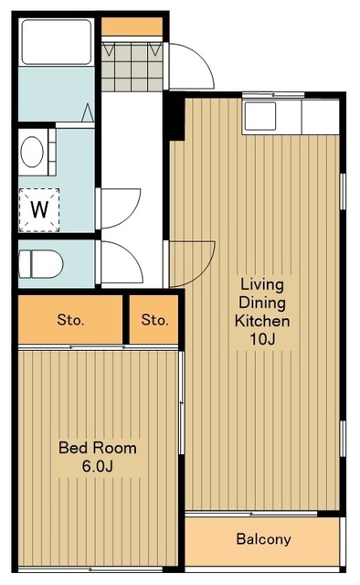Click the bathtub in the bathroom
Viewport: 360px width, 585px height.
[x=56, y=42]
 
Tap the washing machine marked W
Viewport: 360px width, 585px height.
[x=39, y=209]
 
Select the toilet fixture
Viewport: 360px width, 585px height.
[x=41, y=264]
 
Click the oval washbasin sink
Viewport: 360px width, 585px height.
[x=32, y=152]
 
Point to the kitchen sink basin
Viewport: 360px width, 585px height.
[x=260, y=116]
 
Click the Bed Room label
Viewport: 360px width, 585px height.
[x=98, y=447]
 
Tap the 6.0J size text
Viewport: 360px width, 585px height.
[x=98, y=466]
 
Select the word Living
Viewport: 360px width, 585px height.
[x=262, y=284]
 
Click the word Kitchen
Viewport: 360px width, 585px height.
[x=262, y=321]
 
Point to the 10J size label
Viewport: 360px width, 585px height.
[x=262, y=339]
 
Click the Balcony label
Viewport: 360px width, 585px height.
[x=263, y=538]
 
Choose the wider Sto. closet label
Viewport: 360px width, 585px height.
[x=70, y=319]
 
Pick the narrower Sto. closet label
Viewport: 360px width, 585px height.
[x=154, y=319]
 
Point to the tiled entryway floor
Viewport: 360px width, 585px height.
[x=132, y=67]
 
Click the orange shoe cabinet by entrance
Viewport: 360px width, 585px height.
[x=132, y=27]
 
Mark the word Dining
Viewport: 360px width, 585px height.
[x=262, y=303]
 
